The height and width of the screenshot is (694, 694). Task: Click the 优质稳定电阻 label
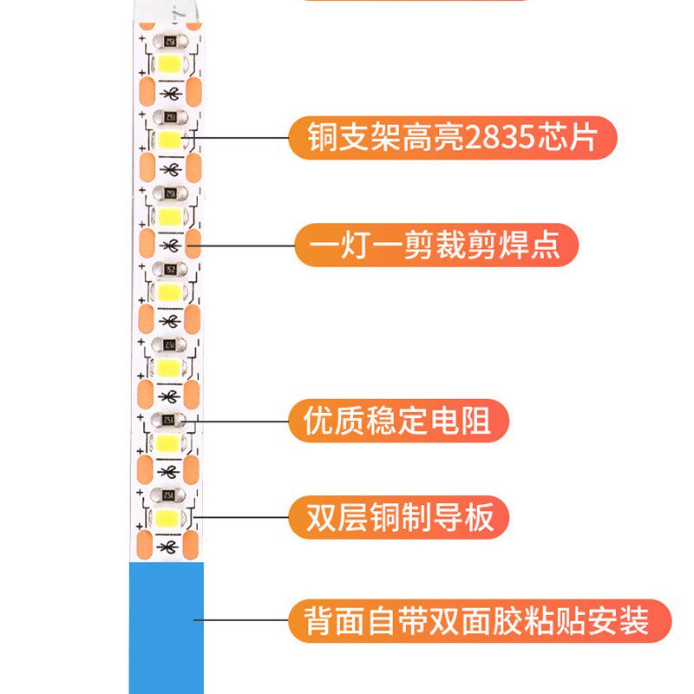[397, 421]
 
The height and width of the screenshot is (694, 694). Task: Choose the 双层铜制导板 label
[399, 518]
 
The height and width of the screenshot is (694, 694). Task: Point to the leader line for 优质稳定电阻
[243, 421]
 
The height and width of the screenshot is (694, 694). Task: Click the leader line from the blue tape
[243, 620]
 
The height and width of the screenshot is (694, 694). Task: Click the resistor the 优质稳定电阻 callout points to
[167, 420]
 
